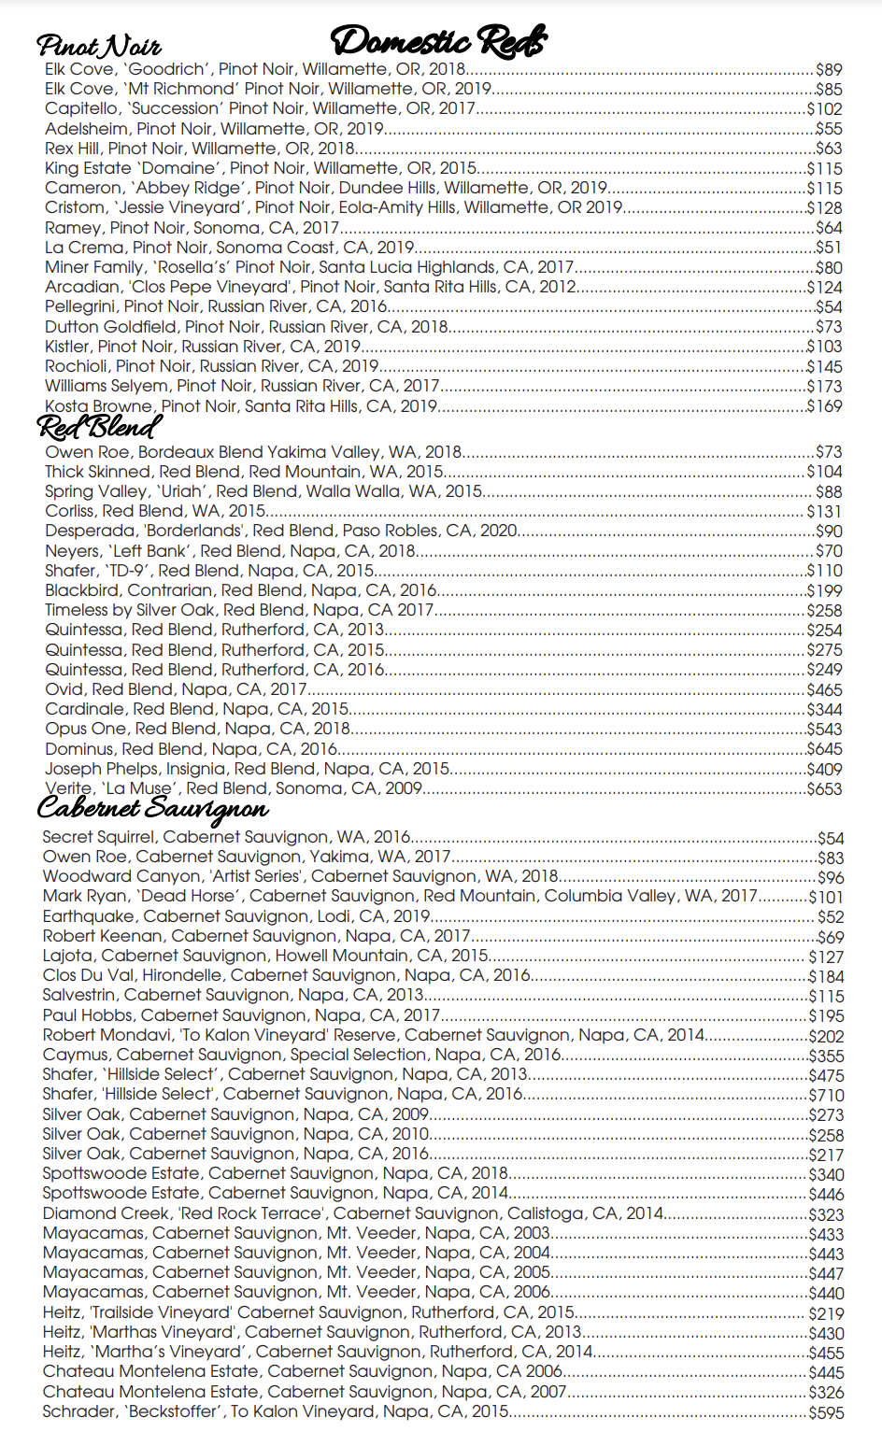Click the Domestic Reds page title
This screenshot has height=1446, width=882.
coord(438,41)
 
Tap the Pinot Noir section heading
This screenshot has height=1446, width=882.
coord(99,46)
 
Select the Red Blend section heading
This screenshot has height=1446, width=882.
coord(99,428)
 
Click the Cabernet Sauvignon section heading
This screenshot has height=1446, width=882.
coord(153,808)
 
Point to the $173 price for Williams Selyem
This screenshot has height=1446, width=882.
coord(825,387)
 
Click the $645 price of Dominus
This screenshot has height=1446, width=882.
coord(825,749)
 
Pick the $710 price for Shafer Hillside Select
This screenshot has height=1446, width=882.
coord(826,1095)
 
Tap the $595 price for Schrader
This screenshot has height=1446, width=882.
coord(826,1412)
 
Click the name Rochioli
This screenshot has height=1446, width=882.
coord(77,366)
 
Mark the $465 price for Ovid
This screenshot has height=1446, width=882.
coord(825,690)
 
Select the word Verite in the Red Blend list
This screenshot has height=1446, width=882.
coord(68,788)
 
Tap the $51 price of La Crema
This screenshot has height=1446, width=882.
coord(829,248)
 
